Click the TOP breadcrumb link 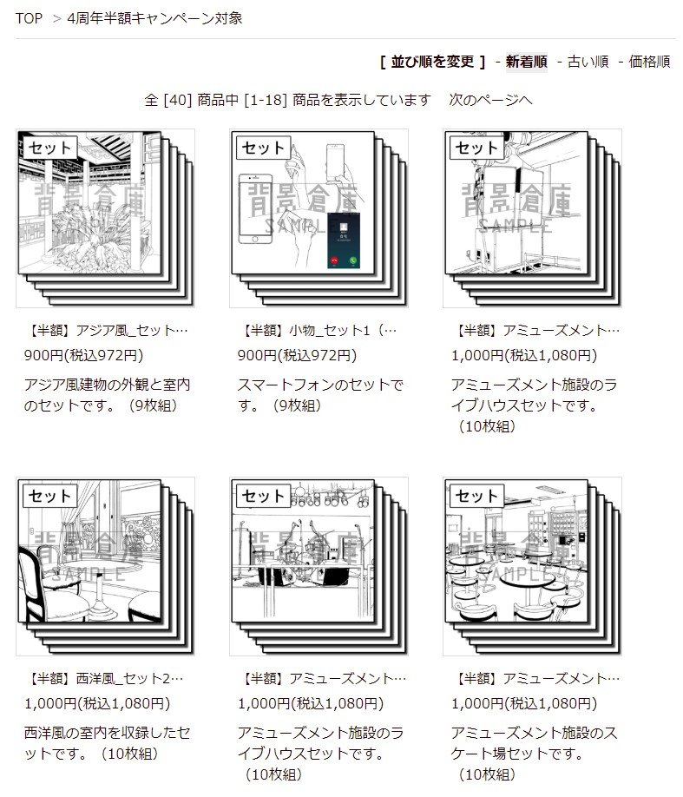coord(29,18)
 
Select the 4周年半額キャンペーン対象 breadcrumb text coord(154,18)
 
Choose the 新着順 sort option coord(526,62)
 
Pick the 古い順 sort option coord(588,62)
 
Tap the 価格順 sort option coord(649,62)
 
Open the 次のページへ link coord(490,100)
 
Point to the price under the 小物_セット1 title coord(297,355)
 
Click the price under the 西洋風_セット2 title coord(97,703)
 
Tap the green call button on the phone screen coord(353,260)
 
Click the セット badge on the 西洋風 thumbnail coord(49,496)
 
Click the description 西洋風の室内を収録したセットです coord(108,743)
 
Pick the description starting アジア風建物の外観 coord(108,395)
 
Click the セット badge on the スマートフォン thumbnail coord(263,148)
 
